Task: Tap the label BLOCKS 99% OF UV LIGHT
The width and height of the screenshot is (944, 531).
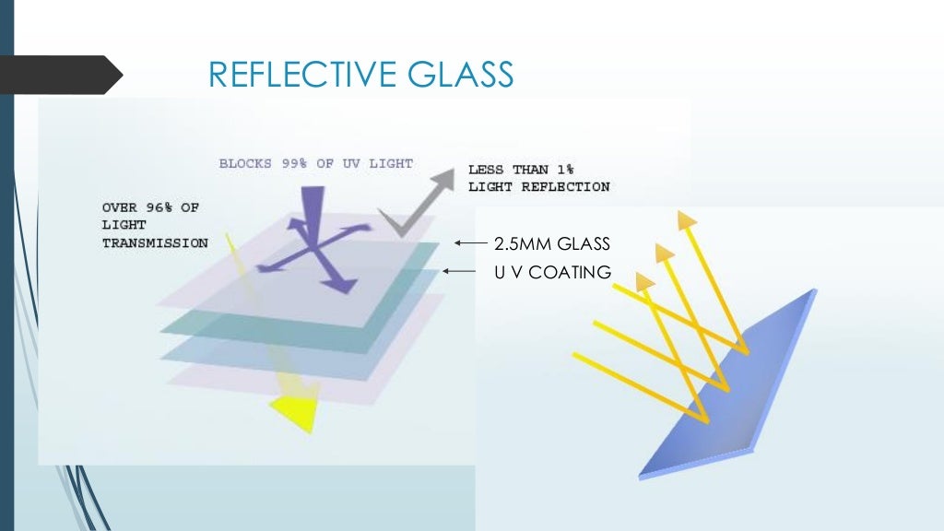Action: pyautogui.click(x=316, y=164)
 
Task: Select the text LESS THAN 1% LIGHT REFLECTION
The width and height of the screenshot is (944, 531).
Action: pyautogui.click(x=538, y=178)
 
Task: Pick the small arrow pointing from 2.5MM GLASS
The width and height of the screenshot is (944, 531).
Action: pyautogui.click(x=470, y=244)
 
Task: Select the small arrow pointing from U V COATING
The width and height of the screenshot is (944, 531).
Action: pyautogui.click(x=459, y=271)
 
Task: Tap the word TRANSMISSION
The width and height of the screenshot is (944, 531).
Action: pyautogui.click(x=154, y=243)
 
